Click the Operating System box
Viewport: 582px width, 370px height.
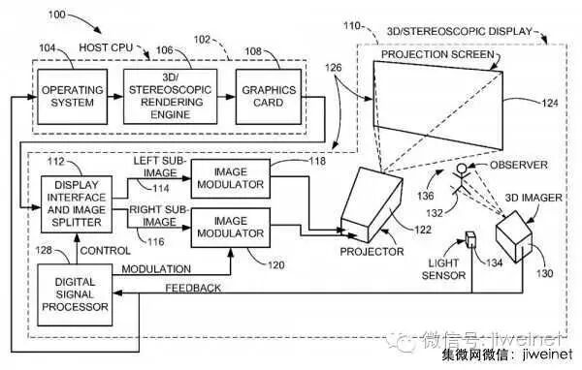click(x=73, y=97)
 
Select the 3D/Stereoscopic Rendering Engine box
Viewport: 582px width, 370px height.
click(x=171, y=97)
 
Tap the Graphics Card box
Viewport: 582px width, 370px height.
click(x=269, y=97)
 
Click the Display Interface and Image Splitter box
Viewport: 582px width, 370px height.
click(x=77, y=204)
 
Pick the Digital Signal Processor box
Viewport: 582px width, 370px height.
click(x=75, y=294)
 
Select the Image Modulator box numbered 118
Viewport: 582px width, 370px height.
click(x=231, y=178)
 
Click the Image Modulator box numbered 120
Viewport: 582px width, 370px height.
click(x=231, y=228)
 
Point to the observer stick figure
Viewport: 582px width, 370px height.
click(x=461, y=178)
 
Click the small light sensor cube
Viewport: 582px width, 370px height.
click(x=470, y=239)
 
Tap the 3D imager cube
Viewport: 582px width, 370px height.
click(x=514, y=237)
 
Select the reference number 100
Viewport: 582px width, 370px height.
click(x=57, y=15)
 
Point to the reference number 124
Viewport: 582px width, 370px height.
click(x=550, y=103)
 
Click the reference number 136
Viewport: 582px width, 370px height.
click(x=426, y=196)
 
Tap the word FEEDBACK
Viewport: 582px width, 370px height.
click(x=193, y=288)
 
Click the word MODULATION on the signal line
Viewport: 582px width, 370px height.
click(x=156, y=269)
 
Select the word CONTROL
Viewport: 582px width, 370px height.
click(x=106, y=251)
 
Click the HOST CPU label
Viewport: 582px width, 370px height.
click(x=106, y=47)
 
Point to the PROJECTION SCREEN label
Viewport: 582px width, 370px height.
click(x=437, y=54)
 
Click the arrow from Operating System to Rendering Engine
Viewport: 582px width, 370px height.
click(x=115, y=97)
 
